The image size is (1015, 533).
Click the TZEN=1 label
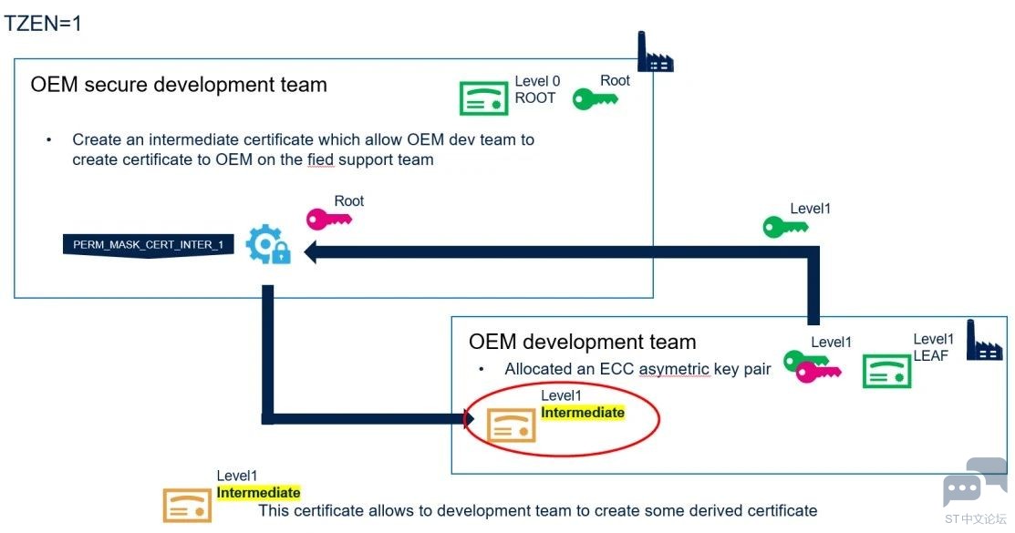[43, 24]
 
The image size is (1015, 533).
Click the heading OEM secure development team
[179, 85]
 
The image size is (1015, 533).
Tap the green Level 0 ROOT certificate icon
[483, 98]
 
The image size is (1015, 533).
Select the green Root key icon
[595, 99]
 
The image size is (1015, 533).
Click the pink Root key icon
[329, 219]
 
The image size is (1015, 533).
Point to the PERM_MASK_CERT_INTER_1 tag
[149, 245]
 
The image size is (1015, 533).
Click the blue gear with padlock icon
[268, 244]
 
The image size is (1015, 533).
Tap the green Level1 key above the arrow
[785, 227]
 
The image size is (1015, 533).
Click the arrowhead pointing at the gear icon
[311, 252]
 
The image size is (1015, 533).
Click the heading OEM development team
[583, 342]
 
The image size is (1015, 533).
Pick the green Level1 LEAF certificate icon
[886, 372]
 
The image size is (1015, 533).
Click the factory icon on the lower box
[985, 340]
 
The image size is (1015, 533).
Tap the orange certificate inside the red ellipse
[512, 425]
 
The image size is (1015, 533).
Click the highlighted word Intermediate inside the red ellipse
[583, 413]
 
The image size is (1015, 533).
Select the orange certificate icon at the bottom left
[187, 505]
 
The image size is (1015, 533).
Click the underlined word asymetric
[674, 369]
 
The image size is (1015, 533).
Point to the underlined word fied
[320, 159]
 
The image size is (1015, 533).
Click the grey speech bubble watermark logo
[975, 483]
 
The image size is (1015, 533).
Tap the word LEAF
[931, 355]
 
